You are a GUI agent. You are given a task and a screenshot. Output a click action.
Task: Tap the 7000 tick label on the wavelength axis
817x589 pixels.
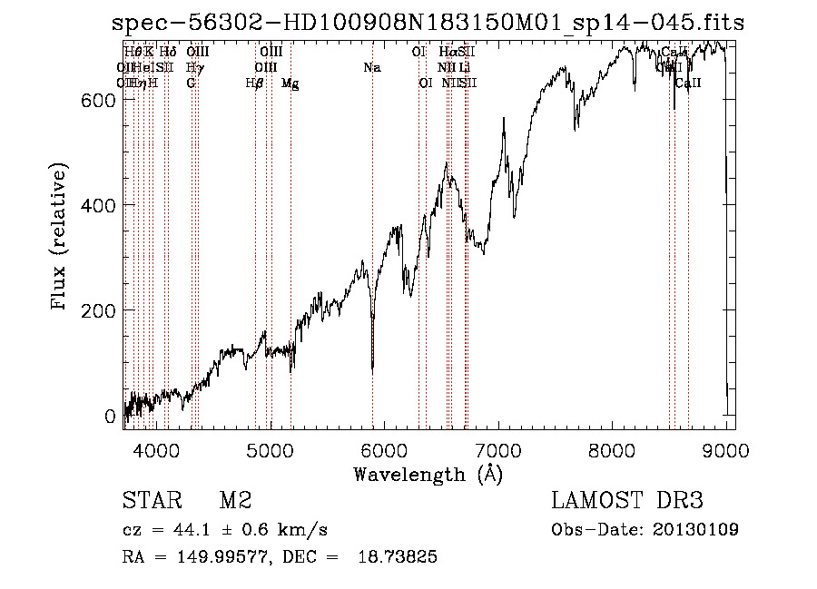pyautogui.click(x=498, y=450)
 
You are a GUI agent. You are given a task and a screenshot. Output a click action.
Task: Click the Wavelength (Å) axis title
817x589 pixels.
pyautogui.click(x=428, y=474)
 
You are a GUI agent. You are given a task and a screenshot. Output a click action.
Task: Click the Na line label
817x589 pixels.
pyautogui.click(x=371, y=68)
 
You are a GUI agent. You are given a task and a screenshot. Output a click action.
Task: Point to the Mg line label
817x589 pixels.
pyautogui.click(x=290, y=83)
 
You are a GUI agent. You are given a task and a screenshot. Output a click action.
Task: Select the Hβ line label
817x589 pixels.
pyautogui.click(x=254, y=83)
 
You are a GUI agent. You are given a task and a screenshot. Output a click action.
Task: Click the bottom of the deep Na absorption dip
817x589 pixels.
pyautogui.click(x=372, y=368)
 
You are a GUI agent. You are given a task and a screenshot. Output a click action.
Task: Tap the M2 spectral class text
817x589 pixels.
pyautogui.click(x=235, y=501)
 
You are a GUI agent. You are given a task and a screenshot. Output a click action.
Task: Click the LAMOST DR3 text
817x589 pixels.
pyautogui.click(x=627, y=501)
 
